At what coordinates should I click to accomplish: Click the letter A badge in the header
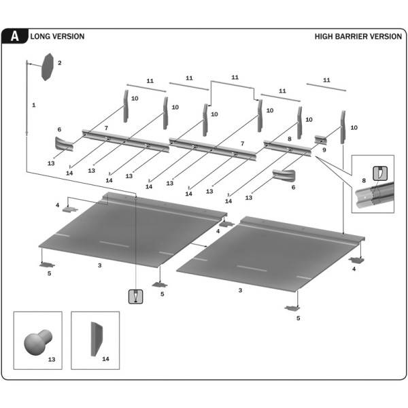pyautogui.click(x=14, y=37)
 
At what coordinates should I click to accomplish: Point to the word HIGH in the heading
pyautogui.click(x=324, y=37)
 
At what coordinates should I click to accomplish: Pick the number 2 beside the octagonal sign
pyautogui.click(x=60, y=63)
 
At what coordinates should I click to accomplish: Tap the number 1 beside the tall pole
pyautogui.click(x=33, y=105)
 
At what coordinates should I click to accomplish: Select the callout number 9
pyautogui.click(x=324, y=150)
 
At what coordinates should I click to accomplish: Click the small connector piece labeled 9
pyautogui.click(x=320, y=140)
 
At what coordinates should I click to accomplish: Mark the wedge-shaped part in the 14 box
pyautogui.click(x=95, y=338)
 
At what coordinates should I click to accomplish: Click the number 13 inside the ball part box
pyautogui.click(x=52, y=358)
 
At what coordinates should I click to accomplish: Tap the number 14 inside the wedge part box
pyautogui.click(x=105, y=358)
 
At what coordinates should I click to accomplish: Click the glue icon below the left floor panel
pyautogui.click(x=137, y=296)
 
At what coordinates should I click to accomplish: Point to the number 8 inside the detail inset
pyautogui.click(x=364, y=180)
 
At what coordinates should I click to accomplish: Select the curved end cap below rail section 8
pyautogui.click(x=283, y=175)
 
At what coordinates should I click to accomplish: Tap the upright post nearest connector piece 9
pyautogui.click(x=343, y=126)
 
